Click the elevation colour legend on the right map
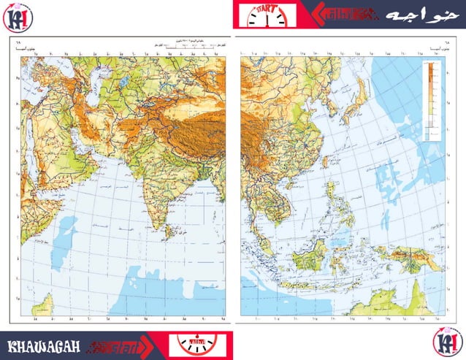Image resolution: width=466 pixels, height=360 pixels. point(431,99)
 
